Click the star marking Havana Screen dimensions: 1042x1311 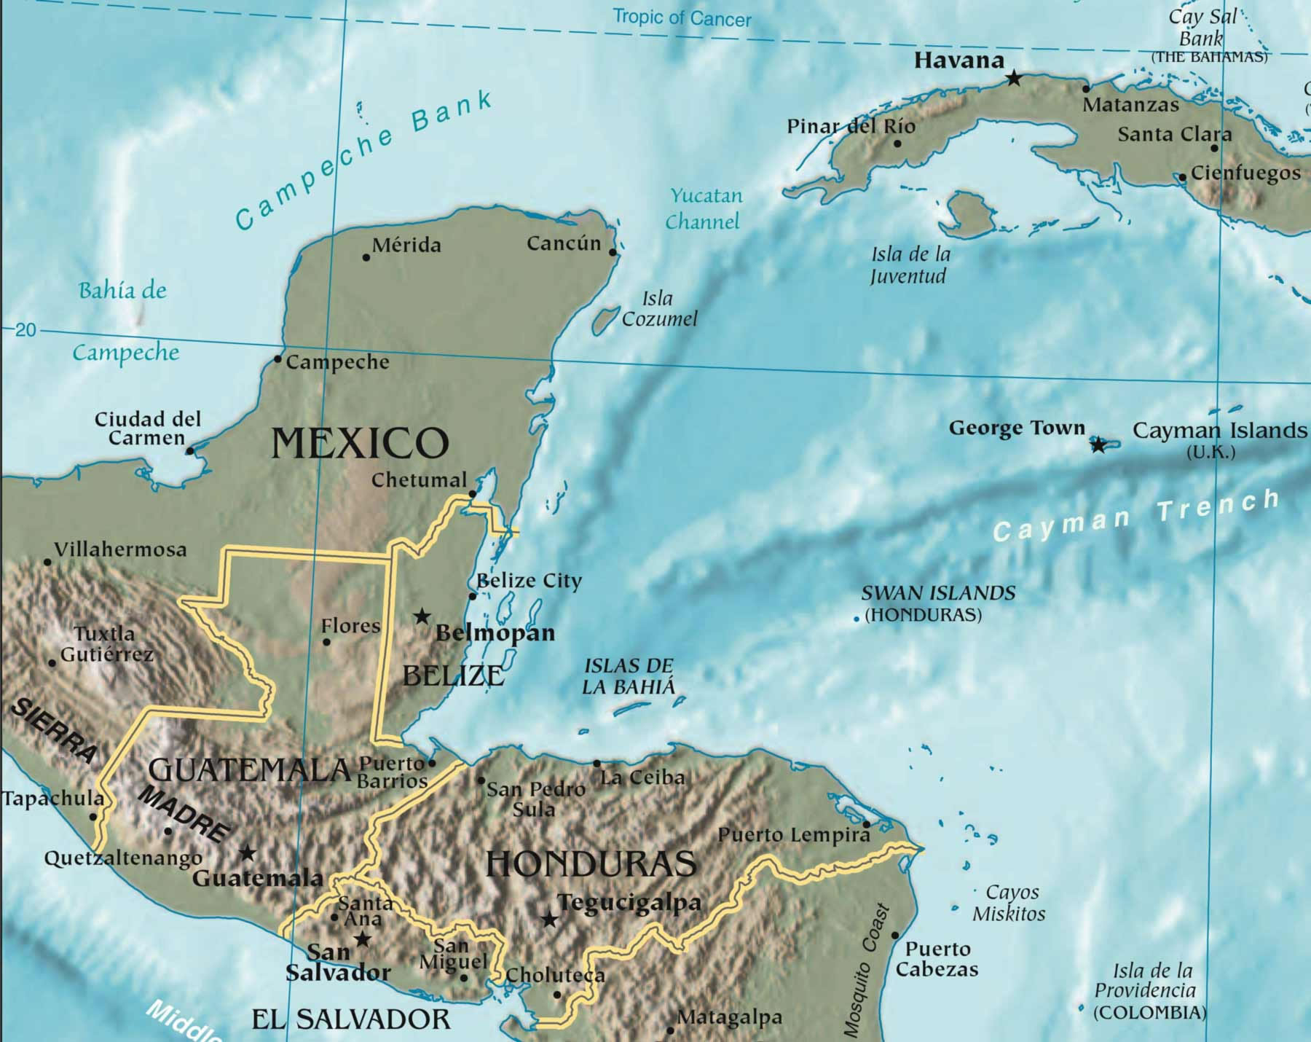tap(1013, 77)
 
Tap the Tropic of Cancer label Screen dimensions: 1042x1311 tap(681, 17)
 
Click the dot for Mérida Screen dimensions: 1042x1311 tap(366, 257)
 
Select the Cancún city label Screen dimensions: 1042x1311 tap(564, 243)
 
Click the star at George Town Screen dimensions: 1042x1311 tap(1098, 444)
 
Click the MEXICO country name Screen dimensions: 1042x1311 tap(360, 443)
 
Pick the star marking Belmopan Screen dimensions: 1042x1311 tap(422, 616)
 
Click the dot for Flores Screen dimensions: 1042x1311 tap(326, 642)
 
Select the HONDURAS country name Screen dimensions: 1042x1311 tap(591, 864)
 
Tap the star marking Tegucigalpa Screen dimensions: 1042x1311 tap(550, 920)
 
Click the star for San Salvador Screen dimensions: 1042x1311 tap(362, 939)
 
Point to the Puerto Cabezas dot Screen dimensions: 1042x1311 tap(895, 936)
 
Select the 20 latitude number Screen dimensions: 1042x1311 tap(25, 330)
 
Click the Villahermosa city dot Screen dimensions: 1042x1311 tap(47, 562)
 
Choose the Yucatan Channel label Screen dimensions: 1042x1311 tap(704, 208)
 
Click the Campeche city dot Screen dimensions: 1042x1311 tap(277, 359)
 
